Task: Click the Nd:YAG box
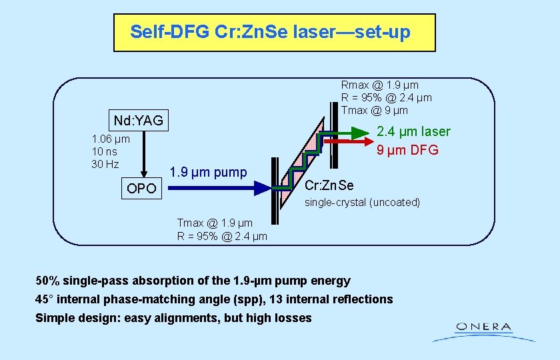click(x=138, y=121)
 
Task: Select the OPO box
click(x=141, y=189)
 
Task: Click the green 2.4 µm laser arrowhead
click(x=361, y=132)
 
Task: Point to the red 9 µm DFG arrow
click(x=347, y=142)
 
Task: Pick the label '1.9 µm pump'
click(x=208, y=172)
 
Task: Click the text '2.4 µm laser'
click(x=413, y=131)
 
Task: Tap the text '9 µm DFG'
click(x=407, y=150)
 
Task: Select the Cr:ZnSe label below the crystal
click(x=329, y=185)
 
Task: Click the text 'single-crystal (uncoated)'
click(x=363, y=202)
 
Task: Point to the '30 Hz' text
click(x=105, y=164)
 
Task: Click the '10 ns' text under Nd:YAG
click(x=104, y=151)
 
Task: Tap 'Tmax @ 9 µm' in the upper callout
click(x=374, y=109)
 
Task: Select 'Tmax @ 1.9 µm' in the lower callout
click(x=215, y=223)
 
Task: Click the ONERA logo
click(x=484, y=329)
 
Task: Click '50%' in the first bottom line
click(x=48, y=281)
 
